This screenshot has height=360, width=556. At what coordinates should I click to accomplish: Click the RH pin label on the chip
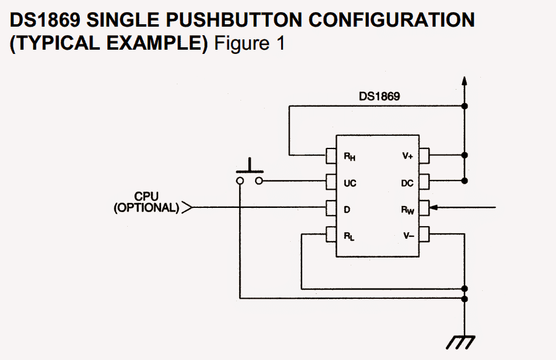click(349, 156)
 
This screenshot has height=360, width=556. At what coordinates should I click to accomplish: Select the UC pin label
click(349, 183)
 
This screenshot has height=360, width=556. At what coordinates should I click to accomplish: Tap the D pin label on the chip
click(347, 210)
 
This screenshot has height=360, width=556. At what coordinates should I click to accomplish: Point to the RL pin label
click(349, 236)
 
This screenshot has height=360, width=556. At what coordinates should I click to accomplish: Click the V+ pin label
click(408, 156)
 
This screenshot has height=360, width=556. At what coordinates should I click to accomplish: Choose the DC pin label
click(407, 183)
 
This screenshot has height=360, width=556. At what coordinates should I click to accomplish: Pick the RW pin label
click(408, 210)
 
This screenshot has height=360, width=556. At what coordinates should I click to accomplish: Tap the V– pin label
click(408, 236)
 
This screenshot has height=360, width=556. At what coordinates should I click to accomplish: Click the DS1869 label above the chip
click(379, 96)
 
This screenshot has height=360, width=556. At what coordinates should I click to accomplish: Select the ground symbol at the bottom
click(461, 342)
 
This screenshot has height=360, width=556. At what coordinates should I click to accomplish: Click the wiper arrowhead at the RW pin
click(433, 207)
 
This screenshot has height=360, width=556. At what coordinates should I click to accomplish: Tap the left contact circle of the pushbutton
click(240, 181)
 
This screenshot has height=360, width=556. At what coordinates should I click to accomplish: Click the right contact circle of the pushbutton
click(259, 181)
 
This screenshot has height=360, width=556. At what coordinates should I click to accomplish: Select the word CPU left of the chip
click(147, 196)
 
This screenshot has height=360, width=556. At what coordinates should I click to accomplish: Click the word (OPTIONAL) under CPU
click(147, 207)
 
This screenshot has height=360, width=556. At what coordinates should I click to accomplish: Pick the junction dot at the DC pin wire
click(465, 181)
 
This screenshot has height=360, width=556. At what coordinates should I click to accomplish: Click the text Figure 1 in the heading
click(250, 43)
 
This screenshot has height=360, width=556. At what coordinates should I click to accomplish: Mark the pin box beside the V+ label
click(424, 156)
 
